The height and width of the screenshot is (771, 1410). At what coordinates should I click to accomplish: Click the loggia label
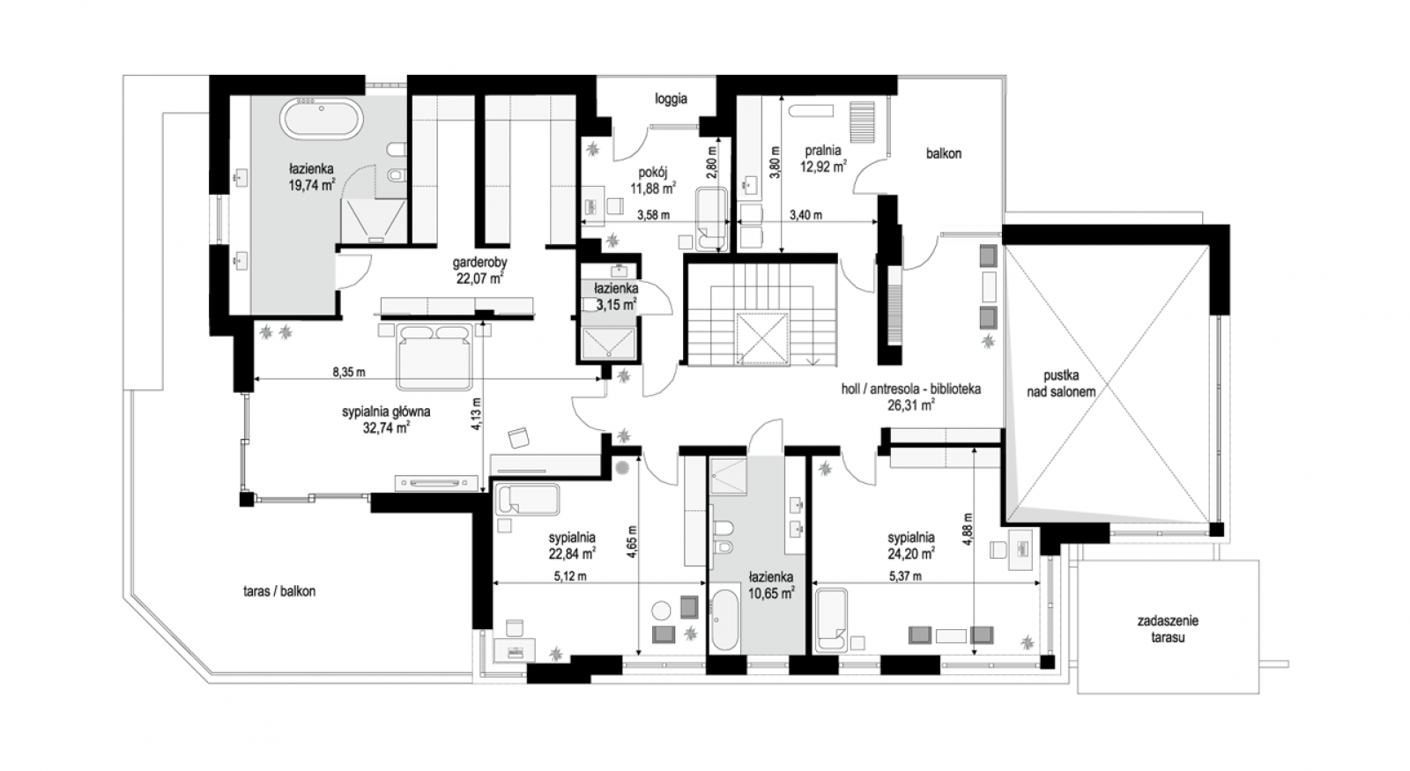tap(671, 99)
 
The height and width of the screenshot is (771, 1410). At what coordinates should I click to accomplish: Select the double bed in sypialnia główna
tap(434, 356)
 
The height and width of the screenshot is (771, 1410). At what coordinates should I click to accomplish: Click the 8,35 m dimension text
tap(349, 372)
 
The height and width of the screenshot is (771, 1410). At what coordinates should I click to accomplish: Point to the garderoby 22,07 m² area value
tap(480, 278)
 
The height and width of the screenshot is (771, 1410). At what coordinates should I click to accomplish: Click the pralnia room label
tap(823, 151)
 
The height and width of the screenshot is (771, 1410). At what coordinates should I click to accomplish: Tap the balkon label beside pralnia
tap(944, 153)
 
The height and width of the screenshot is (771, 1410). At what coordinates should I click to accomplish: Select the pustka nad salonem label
tap(1061, 383)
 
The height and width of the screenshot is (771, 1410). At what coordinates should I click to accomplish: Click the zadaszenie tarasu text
tap(1168, 629)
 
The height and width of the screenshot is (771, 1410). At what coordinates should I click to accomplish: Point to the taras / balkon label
tap(278, 591)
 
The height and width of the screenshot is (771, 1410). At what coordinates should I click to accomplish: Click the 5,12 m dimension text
tap(570, 576)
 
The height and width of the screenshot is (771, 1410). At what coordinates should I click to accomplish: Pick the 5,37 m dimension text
tap(905, 576)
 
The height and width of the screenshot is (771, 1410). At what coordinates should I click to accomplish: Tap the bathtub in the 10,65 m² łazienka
tap(725, 619)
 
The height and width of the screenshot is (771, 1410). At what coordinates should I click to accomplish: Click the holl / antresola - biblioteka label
tap(911, 389)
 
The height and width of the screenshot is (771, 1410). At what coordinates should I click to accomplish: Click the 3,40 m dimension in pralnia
tap(805, 215)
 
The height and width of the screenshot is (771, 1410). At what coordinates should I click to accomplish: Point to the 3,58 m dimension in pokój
tap(653, 215)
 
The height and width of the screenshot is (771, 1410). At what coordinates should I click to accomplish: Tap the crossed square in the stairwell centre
tap(761, 338)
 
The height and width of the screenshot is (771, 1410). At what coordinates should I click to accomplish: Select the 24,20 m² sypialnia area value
tap(911, 554)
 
